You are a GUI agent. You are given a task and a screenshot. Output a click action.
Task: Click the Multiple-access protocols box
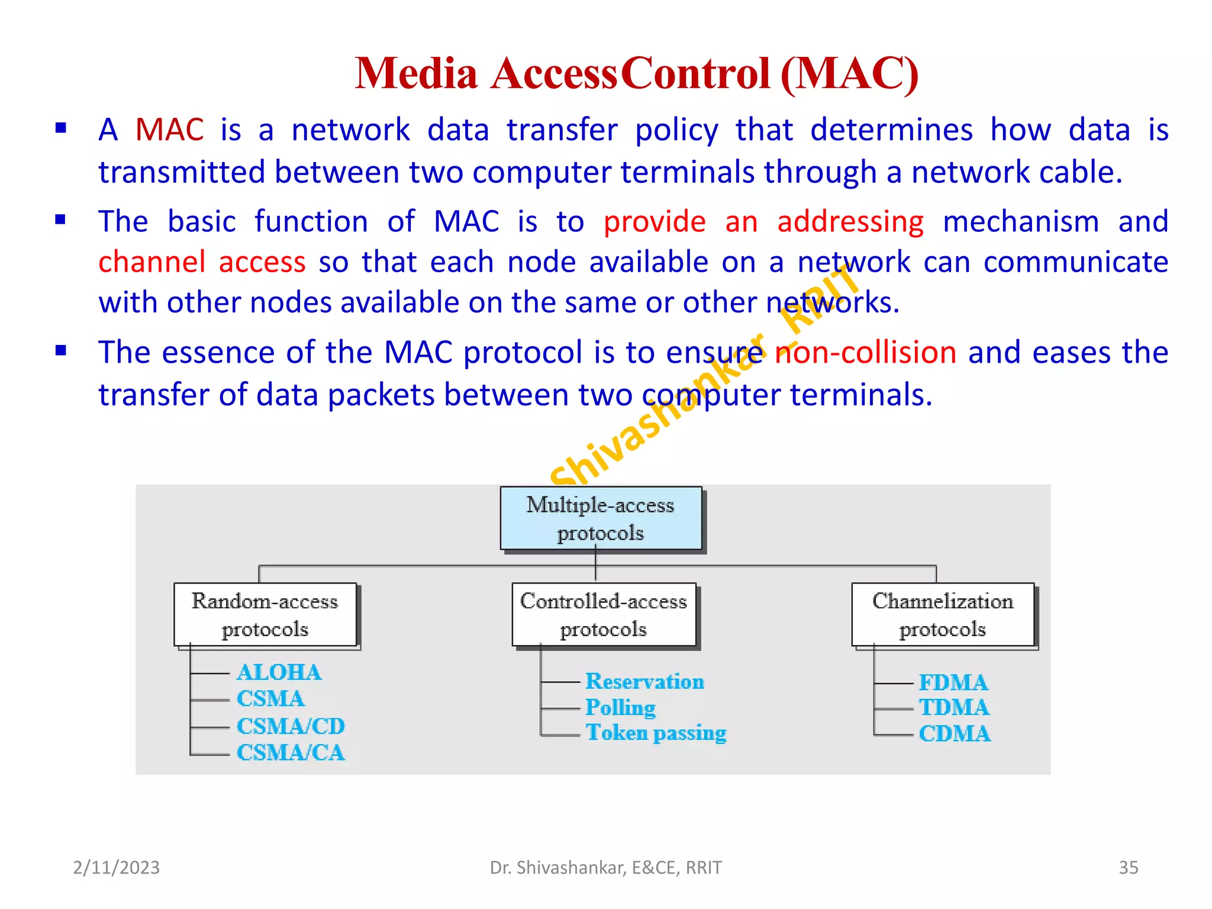click(x=601, y=518)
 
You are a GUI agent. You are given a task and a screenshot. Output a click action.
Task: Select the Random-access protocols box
click(x=265, y=614)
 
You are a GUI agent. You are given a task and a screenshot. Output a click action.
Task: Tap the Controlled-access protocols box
click(x=604, y=614)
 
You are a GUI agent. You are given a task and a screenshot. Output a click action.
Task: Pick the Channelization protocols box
click(x=943, y=614)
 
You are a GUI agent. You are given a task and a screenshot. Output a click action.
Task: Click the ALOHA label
click(x=279, y=672)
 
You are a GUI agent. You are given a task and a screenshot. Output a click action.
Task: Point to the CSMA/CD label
click(x=291, y=726)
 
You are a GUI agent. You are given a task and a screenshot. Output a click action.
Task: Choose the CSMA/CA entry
click(x=291, y=753)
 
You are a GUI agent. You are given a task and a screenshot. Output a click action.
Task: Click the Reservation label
click(x=644, y=681)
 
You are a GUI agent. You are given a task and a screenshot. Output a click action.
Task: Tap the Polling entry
click(x=620, y=708)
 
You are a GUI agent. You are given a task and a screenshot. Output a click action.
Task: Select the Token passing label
click(x=656, y=733)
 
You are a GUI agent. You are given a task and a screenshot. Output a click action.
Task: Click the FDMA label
click(x=953, y=682)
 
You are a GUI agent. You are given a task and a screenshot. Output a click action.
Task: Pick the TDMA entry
click(x=953, y=707)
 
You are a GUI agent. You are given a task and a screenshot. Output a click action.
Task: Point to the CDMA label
click(x=954, y=734)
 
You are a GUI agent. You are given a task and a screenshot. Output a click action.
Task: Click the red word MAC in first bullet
click(x=169, y=130)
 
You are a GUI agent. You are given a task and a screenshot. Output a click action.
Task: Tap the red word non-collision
click(x=865, y=352)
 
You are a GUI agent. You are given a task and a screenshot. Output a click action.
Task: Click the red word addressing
click(x=850, y=222)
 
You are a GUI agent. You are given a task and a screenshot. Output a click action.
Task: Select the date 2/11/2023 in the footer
click(x=116, y=868)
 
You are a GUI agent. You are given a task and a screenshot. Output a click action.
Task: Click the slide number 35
click(x=1128, y=868)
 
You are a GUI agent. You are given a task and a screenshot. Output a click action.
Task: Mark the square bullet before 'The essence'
click(x=60, y=350)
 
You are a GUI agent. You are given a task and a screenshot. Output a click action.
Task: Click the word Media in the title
click(x=416, y=73)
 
